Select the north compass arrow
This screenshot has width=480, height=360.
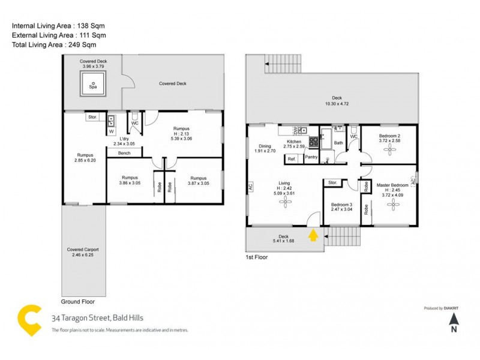454,323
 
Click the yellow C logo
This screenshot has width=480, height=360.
30,319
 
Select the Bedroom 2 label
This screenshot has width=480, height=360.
390,136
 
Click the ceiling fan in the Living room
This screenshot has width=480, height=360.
284,202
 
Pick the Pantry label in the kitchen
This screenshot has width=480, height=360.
311,157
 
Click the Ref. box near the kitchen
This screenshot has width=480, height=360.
292,159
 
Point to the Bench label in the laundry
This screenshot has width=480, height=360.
124,153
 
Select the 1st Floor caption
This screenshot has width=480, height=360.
256,257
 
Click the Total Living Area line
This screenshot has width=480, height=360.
54,44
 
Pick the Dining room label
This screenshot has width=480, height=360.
265,146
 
